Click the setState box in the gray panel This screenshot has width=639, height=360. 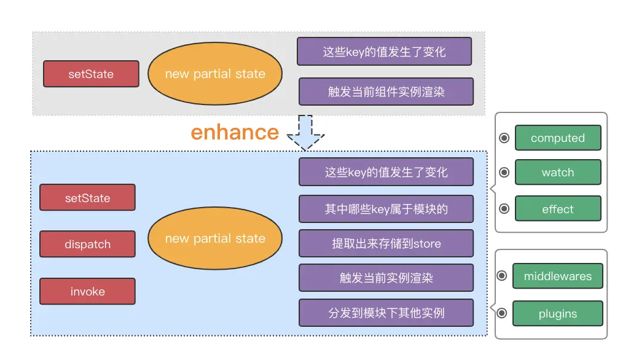pyautogui.click(x=91, y=74)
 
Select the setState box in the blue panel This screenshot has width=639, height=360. pyautogui.click(x=87, y=198)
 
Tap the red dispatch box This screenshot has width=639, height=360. pyautogui.click(x=87, y=244)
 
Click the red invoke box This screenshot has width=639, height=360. pyautogui.click(x=87, y=291)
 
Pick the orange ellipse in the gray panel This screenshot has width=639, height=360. pyautogui.click(x=215, y=74)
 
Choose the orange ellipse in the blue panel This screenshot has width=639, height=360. pyautogui.click(x=215, y=238)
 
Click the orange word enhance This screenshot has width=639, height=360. pyautogui.click(x=235, y=132)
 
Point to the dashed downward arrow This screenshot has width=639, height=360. pyautogui.click(x=305, y=131)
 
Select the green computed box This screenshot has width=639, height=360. pyautogui.click(x=557, y=138)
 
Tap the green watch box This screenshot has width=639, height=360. pyautogui.click(x=557, y=173)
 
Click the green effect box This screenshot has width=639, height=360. pyautogui.click(x=557, y=209)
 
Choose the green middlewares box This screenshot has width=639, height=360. pyautogui.click(x=557, y=276)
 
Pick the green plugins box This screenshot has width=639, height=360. pyautogui.click(x=557, y=313)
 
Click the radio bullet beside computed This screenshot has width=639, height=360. pyautogui.click(x=504, y=138)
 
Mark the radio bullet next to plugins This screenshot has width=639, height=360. pyautogui.click(x=502, y=313)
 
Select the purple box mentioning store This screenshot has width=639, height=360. pyautogui.click(x=386, y=243)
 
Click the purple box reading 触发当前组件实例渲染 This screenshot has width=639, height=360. pyautogui.click(x=386, y=92)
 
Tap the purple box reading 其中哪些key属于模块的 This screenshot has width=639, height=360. pyautogui.click(x=386, y=209)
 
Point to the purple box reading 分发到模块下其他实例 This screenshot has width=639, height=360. pyautogui.click(x=386, y=313)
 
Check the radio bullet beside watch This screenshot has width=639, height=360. pyautogui.click(x=504, y=173)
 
